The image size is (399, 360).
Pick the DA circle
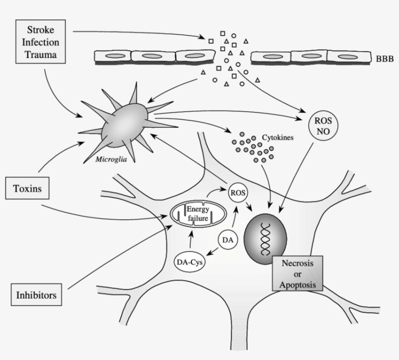[227, 240]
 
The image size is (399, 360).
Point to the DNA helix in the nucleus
[266, 240]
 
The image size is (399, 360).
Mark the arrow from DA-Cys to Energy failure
[191, 240]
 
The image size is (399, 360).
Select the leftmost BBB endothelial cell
[112, 57]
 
